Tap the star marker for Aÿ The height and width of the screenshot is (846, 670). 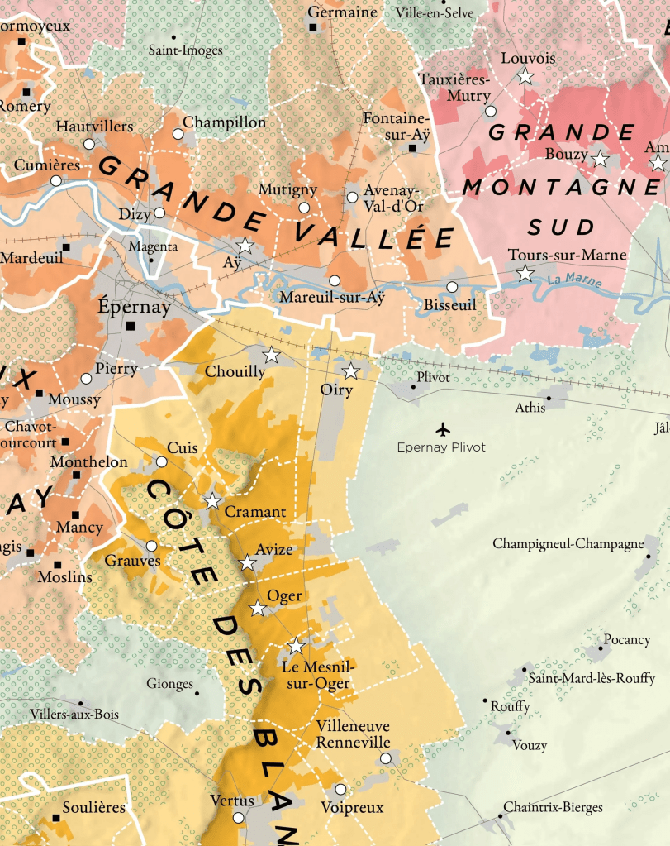pos(245,246)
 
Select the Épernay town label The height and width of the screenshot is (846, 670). pos(135,307)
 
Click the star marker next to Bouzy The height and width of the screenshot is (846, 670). pos(600,159)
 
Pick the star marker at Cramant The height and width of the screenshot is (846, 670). pos(212,500)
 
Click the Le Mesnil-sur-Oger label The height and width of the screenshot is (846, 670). pos(316,675)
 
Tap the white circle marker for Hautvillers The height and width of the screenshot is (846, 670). pos(89,144)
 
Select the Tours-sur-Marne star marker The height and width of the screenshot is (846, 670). pos(525,274)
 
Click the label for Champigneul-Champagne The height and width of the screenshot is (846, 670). pos(568,543)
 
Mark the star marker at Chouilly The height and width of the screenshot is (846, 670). pos(271,356)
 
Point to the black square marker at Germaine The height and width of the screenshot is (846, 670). pos(313,27)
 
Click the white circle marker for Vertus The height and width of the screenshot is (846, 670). pos(239,818)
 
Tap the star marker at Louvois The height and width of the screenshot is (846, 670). pos(525,77)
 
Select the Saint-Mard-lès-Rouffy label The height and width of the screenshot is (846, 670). pos(592,678)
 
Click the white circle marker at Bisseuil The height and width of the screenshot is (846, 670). pos(451,287)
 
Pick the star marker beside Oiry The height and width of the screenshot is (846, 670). pos(350,370)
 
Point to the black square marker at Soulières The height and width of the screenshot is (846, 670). pos(57,818)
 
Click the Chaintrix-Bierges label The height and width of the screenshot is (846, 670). pos(553,806)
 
